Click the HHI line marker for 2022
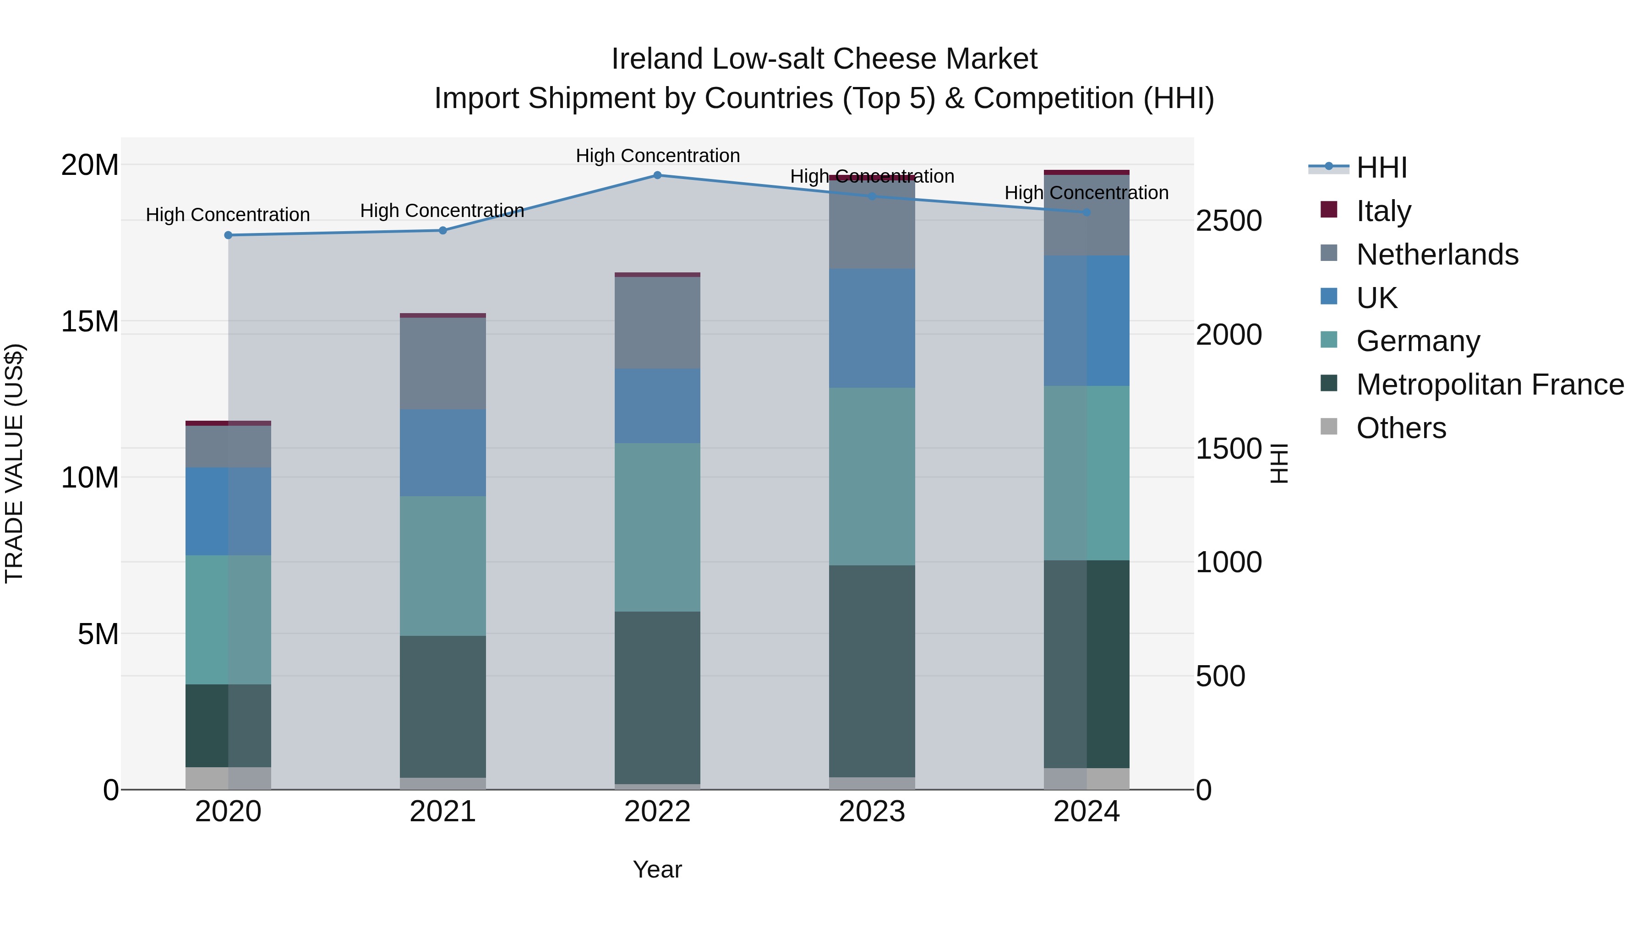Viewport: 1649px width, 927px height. point(657,175)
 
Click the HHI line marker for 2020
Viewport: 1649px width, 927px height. point(228,235)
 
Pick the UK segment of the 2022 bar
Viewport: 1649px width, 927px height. point(657,406)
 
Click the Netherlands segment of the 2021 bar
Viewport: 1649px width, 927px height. point(442,363)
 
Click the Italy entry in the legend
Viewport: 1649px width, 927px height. point(1383,211)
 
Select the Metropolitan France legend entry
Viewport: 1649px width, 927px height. point(1490,385)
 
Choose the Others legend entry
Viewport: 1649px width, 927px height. point(1401,428)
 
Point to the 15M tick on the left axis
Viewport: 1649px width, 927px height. point(90,321)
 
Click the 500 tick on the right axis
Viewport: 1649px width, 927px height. point(1220,676)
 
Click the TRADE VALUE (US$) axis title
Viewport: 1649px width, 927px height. point(14,463)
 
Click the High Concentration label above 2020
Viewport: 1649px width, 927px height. point(228,215)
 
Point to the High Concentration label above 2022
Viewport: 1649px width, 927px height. point(657,156)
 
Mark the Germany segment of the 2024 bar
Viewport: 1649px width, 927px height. point(1087,473)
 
